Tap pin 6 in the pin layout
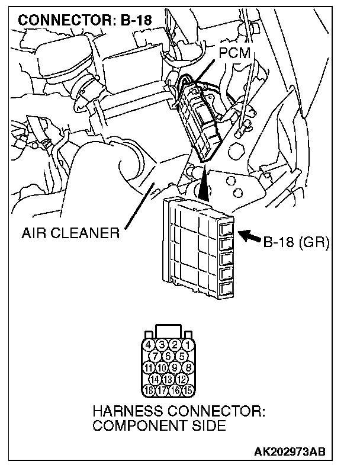coord(169,356)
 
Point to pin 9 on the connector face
coord(175,367)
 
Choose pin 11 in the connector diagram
coord(150,367)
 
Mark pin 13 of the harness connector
coord(169,378)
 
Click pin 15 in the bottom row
coord(188,390)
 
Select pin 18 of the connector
coord(150,390)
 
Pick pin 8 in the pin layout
coord(188,367)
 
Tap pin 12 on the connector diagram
coord(182,378)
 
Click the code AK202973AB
coord(290,453)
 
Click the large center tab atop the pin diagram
coord(169,330)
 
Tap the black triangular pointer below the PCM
coord(204,184)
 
